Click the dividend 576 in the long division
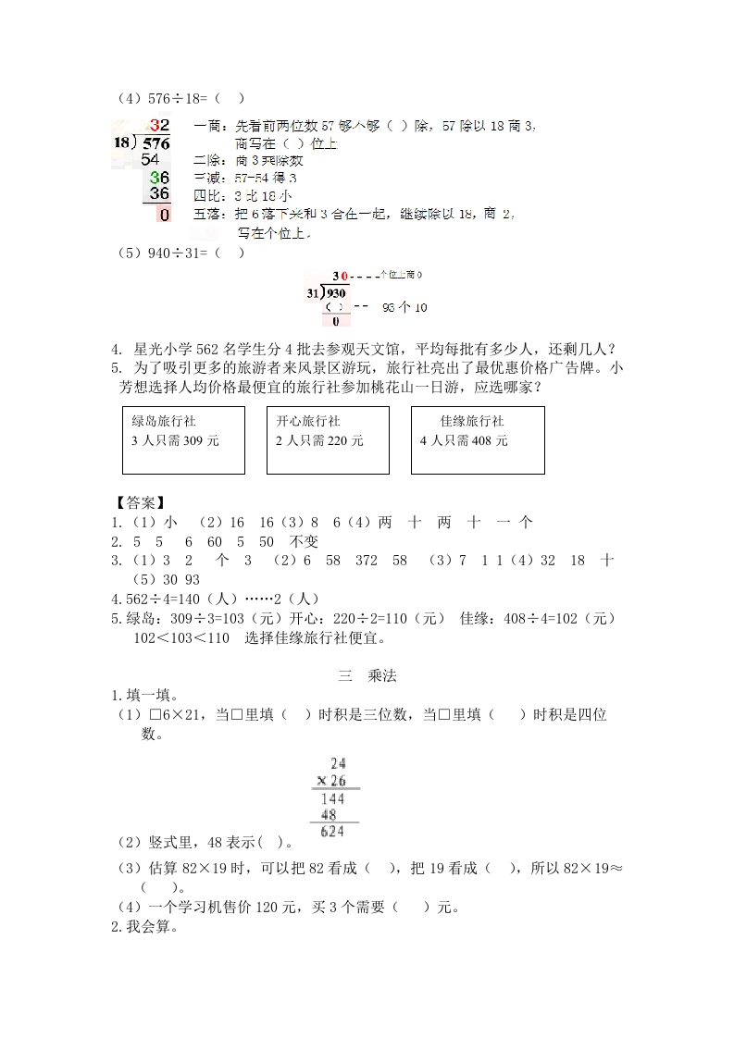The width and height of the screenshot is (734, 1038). point(156,143)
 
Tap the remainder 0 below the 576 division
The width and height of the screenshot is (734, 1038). point(164,215)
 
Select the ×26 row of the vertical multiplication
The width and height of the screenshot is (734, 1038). point(330,781)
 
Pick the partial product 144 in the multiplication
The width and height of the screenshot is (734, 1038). point(330,798)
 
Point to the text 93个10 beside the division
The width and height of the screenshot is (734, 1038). point(404,307)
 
